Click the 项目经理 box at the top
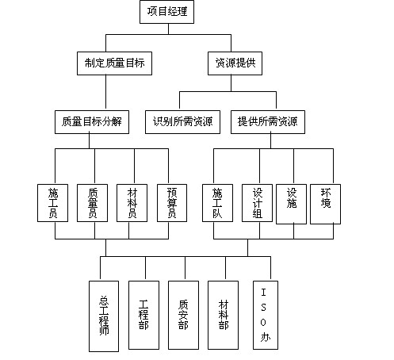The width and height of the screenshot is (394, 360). pos(166,12)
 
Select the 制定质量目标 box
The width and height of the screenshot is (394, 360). pos(114,63)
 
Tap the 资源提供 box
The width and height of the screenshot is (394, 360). pos(235,63)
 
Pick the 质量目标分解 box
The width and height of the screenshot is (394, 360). pos(92,122)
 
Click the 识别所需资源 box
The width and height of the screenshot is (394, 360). pos(182,122)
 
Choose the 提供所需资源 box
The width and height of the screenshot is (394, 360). pos(268,122)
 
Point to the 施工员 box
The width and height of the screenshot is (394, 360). pos(52,203)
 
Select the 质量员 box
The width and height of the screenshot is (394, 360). pos(92,203)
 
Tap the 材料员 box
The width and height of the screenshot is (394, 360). pos(132,203)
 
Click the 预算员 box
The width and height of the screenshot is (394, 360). pos(172,203)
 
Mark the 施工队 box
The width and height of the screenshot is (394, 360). pos(217,203)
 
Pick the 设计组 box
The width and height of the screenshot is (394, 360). pos(257,203)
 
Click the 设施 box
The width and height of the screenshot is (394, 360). pos(291,204)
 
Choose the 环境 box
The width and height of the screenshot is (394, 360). pos(325,204)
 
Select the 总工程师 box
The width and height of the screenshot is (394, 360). pos(104,316)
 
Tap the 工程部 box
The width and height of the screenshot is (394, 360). pos(143,315)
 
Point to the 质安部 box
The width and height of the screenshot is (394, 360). pos(183,315)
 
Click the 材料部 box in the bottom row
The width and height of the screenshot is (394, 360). pos(223,315)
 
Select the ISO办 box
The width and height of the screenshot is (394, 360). pos(266,315)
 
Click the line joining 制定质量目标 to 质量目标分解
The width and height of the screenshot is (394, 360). pos(106,93)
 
